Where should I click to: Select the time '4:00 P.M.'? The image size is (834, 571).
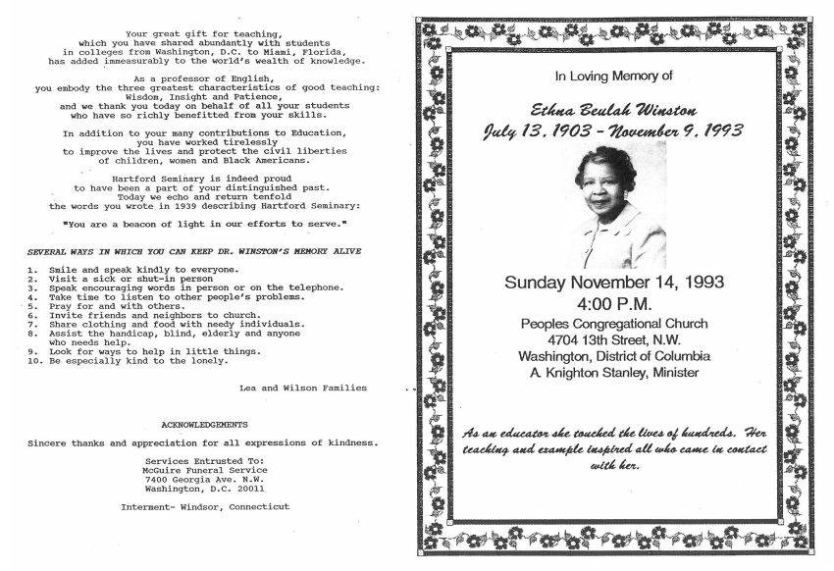tap(614, 303)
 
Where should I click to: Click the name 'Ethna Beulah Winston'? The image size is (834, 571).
tap(614, 108)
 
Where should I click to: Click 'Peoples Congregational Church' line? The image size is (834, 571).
tap(614, 323)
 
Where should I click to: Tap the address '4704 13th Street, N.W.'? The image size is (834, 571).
tap(614, 339)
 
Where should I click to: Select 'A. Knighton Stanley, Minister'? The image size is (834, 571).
tap(614, 373)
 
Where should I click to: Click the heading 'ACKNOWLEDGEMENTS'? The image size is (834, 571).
tap(204, 425)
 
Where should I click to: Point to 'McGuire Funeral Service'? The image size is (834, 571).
tap(204, 470)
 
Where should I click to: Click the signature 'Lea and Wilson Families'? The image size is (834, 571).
tap(303, 388)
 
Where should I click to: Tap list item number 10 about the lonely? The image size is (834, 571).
tap(128, 360)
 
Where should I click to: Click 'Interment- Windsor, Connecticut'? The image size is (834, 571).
tap(204, 506)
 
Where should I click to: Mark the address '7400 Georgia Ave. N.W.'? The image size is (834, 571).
tap(204, 479)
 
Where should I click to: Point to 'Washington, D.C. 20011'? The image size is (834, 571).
tap(204, 488)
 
